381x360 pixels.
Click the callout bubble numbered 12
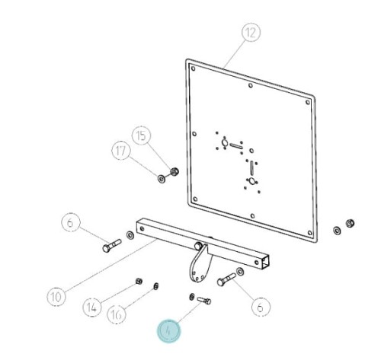[251, 32]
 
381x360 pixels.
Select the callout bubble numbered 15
[142, 135]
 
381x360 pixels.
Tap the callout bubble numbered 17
[121, 151]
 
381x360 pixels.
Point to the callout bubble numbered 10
[56, 296]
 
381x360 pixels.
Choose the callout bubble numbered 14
[92, 307]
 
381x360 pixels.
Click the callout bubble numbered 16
[117, 314]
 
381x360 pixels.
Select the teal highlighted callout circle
[168, 330]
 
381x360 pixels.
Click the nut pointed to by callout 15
[174, 172]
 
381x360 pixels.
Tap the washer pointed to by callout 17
[162, 179]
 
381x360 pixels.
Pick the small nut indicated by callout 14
[139, 281]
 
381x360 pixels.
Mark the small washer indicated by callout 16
[156, 286]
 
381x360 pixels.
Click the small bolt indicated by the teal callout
[204, 301]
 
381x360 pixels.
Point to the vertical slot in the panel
[251, 168]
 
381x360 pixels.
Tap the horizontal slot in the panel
[237, 146]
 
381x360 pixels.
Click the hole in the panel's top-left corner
[194, 68]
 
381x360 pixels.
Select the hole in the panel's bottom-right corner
[309, 233]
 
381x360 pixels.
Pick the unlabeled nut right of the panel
[351, 223]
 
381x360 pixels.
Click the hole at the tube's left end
[142, 229]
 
